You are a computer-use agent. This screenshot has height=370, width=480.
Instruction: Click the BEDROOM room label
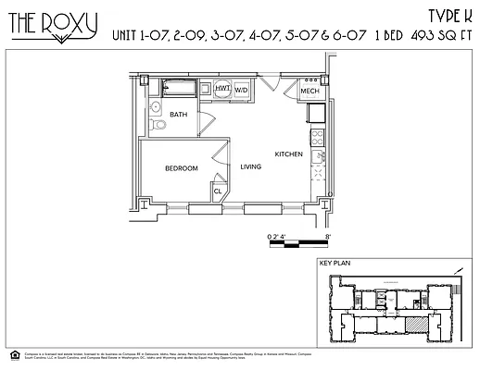(x=182, y=167)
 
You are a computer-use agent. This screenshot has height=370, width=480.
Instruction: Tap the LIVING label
(x=251, y=166)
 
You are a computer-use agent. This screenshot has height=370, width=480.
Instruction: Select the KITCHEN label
(x=288, y=154)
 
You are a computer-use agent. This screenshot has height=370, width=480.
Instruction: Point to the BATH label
(x=179, y=114)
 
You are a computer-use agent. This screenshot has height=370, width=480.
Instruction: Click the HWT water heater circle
(x=222, y=89)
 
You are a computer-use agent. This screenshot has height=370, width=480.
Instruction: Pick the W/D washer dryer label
(x=241, y=91)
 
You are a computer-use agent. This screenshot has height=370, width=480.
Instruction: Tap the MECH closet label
(x=309, y=92)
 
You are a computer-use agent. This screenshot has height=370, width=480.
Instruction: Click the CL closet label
(x=218, y=191)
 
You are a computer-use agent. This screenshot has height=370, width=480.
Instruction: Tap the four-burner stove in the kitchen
(x=317, y=139)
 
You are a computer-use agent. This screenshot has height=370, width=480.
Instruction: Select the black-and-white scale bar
(x=298, y=243)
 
